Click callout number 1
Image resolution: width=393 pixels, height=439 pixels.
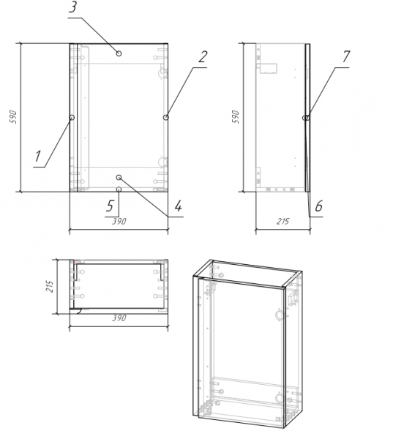pyautogui.click(x=38, y=157)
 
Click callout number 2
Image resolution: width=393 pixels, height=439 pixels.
pyautogui.click(x=203, y=57)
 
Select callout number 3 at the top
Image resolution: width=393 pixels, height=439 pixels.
pyautogui.click(x=72, y=7)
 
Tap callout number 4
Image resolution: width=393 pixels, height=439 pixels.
pyautogui.click(x=178, y=206)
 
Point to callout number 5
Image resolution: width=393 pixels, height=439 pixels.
pyautogui.click(x=110, y=206)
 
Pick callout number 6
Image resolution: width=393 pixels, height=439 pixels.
pyautogui.click(x=319, y=206)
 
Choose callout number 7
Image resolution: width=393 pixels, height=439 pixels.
pyautogui.click(x=346, y=57)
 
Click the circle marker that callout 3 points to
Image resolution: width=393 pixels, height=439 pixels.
pyautogui.click(x=119, y=53)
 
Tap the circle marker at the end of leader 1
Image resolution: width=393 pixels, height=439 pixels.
pyautogui.click(x=72, y=117)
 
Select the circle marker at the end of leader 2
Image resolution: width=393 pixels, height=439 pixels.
pyautogui.click(x=166, y=117)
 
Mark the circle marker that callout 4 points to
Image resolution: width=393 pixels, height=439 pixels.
pyautogui.click(x=119, y=177)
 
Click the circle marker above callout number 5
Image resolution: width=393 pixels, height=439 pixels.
pyautogui.click(x=119, y=190)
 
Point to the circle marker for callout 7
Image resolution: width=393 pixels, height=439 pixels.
pyautogui.click(x=307, y=118)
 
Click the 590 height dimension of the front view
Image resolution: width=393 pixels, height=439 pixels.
pyautogui.click(x=13, y=117)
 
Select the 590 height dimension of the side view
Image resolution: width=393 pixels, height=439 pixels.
pyautogui.click(x=236, y=117)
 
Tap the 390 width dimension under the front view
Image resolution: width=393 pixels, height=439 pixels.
pyautogui.click(x=119, y=222)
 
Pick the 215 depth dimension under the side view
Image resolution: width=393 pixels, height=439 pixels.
pyautogui.click(x=283, y=222)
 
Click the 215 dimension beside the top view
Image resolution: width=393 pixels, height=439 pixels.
pyautogui.click(x=50, y=286)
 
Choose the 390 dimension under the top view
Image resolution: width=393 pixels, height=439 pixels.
pyautogui.click(x=119, y=318)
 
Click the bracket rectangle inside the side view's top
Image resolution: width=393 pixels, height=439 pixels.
pyautogui.click(x=269, y=68)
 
